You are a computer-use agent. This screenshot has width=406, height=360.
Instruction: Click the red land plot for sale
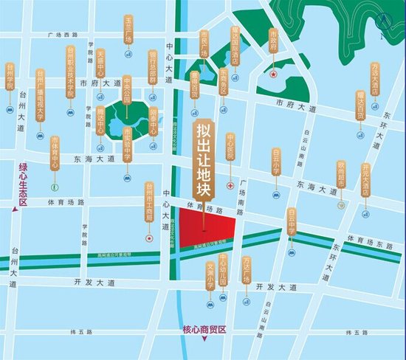click(206, 228)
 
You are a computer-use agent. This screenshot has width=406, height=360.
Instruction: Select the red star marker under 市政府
click(273, 74)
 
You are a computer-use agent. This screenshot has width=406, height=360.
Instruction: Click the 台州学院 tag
click(10, 77)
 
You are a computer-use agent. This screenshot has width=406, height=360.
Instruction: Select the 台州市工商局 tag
click(149, 203)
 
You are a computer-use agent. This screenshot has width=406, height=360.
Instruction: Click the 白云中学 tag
click(292, 221)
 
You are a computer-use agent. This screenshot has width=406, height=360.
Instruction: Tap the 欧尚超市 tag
click(341, 177)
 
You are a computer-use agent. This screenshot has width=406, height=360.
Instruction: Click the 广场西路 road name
click(61, 35)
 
